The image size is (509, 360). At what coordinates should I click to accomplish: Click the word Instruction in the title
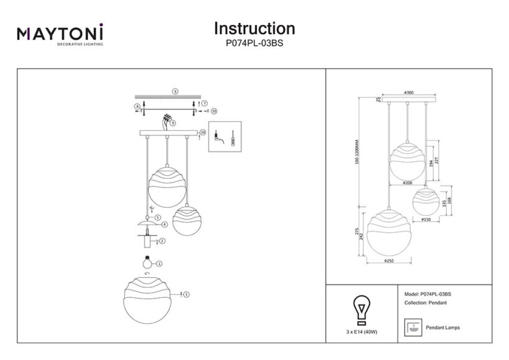(x=254, y=29)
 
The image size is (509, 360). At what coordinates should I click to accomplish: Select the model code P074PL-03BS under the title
(x=254, y=44)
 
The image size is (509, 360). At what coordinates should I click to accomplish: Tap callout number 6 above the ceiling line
(x=176, y=91)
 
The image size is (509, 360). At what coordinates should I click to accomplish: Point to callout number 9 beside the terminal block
(x=173, y=123)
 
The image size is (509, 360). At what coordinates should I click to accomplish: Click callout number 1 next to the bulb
(x=160, y=263)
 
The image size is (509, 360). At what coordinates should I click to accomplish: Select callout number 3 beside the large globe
(x=186, y=294)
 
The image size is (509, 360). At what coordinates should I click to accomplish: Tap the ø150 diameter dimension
(x=426, y=219)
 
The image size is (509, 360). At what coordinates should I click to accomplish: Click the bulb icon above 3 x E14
(x=361, y=309)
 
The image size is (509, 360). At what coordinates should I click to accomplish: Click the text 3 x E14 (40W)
(x=361, y=333)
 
